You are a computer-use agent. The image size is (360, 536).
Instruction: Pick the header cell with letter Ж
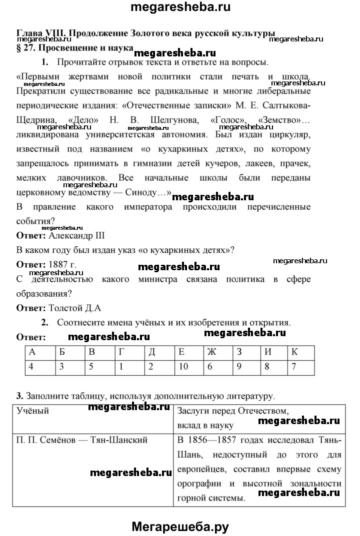click(x=212, y=351)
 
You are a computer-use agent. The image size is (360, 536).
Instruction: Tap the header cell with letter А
click(x=33, y=351)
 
